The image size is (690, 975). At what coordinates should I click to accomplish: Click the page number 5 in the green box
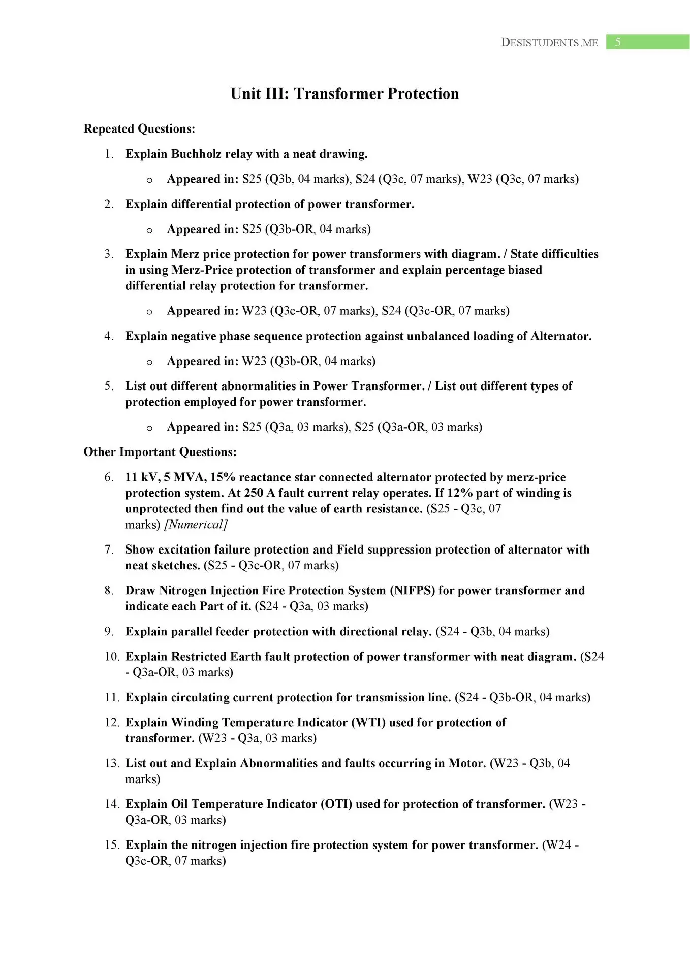(x=618, y=42)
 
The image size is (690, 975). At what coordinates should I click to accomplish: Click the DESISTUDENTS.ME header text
(x=549, y=43)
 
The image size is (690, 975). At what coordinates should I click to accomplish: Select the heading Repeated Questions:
(x=139, y=128)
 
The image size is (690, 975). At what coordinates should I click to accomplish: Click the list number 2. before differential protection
(x=109, y=204)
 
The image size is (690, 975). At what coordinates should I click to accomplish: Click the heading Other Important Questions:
(x=160, y=452)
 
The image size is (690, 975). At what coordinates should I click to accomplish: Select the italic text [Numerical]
(x=196, y=525)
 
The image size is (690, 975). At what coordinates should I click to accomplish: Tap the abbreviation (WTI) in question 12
(x=368, y=723)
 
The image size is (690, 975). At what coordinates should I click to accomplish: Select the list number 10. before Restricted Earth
(x=112, y=657)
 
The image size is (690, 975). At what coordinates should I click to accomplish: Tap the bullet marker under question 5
(x=149, y=428)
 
